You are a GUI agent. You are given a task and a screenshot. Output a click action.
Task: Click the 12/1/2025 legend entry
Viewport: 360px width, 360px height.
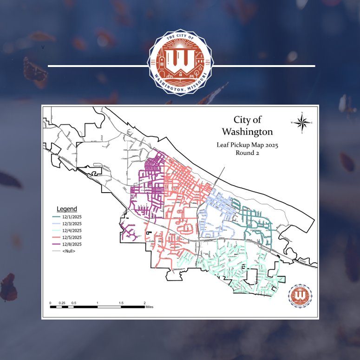(68, 217)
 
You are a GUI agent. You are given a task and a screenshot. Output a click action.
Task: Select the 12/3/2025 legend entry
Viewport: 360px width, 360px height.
(68, 224)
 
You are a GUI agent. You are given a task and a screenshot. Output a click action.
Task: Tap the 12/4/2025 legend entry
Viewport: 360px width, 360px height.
(68, 231)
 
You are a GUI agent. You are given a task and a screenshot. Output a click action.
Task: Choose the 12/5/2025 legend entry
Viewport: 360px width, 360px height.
(68, 237)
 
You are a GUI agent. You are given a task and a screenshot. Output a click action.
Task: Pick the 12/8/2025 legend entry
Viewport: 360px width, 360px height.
(68, 244)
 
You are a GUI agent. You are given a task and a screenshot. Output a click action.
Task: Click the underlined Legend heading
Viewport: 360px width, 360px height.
(67, 209)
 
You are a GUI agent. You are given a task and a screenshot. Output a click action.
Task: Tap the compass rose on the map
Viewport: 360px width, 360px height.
(302, 123)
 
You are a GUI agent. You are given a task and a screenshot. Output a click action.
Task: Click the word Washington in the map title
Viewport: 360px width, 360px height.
(248, 131)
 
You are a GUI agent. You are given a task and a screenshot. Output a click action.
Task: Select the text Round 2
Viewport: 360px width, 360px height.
(248, 153)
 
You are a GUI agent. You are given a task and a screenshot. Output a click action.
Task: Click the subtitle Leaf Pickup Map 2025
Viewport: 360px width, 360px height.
(248, 145)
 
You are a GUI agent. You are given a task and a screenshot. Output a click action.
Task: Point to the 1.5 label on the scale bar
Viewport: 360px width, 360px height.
(121, 303)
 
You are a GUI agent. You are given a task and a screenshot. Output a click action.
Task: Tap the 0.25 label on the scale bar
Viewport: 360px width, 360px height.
(62, 303)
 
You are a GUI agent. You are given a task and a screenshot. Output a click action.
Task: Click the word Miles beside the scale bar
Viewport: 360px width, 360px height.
(149, 307)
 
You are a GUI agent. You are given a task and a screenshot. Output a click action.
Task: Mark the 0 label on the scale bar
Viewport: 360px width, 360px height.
(51, 303)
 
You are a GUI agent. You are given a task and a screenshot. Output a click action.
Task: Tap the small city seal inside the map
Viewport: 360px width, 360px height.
(300, 295)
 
